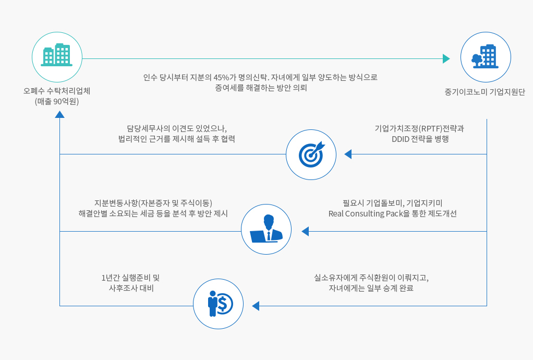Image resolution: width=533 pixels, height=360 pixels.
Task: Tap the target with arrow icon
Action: pyautogui.click(x=311, y=154)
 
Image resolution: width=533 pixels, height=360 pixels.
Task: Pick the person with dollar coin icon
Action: pyautogui.click(x=219, y=303)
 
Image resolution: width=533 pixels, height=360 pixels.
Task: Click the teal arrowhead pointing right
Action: pyautogui.click(x=446, y=58)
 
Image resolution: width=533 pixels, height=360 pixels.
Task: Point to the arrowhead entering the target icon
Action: pyautogui.click(x=348, y=154)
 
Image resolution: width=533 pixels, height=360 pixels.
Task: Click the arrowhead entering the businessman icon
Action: pyautogui.click(x=305, y=231)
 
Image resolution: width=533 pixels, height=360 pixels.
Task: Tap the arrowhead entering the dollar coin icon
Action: pyautogui.click(x=256, y=306)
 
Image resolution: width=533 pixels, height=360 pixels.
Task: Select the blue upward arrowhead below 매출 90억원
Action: pyautogui.click(x=60, y=114)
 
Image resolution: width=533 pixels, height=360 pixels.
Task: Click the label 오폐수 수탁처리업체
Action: pyautogui.click(x=57, y=91)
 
